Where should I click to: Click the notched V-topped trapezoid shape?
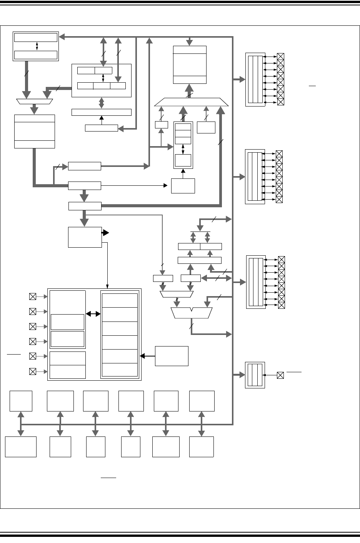[x=192, y=313]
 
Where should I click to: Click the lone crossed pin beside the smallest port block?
[x=280, y=375]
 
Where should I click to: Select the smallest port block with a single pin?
[x=255, y=375]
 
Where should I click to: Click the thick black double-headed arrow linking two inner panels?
[x=93, y=314]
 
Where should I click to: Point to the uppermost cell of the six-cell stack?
[x=119, y=300]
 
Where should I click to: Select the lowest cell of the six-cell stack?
[x=119, y=370]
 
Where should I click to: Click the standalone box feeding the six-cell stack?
[x=172, y=356]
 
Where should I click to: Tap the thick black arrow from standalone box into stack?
[x=148, y=356]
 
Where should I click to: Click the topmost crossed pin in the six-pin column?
[x=33, y=296]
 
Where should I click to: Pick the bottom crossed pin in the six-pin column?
[x=33, y=371]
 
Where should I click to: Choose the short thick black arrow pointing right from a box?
[x=105, y=233]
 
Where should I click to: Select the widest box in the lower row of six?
[x=21, y=446]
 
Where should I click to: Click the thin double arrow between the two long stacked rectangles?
[x=37, y=46]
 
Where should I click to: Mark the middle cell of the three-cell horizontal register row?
[x=102, y=85]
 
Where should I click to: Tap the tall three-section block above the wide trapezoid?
[x=190, y=65]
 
